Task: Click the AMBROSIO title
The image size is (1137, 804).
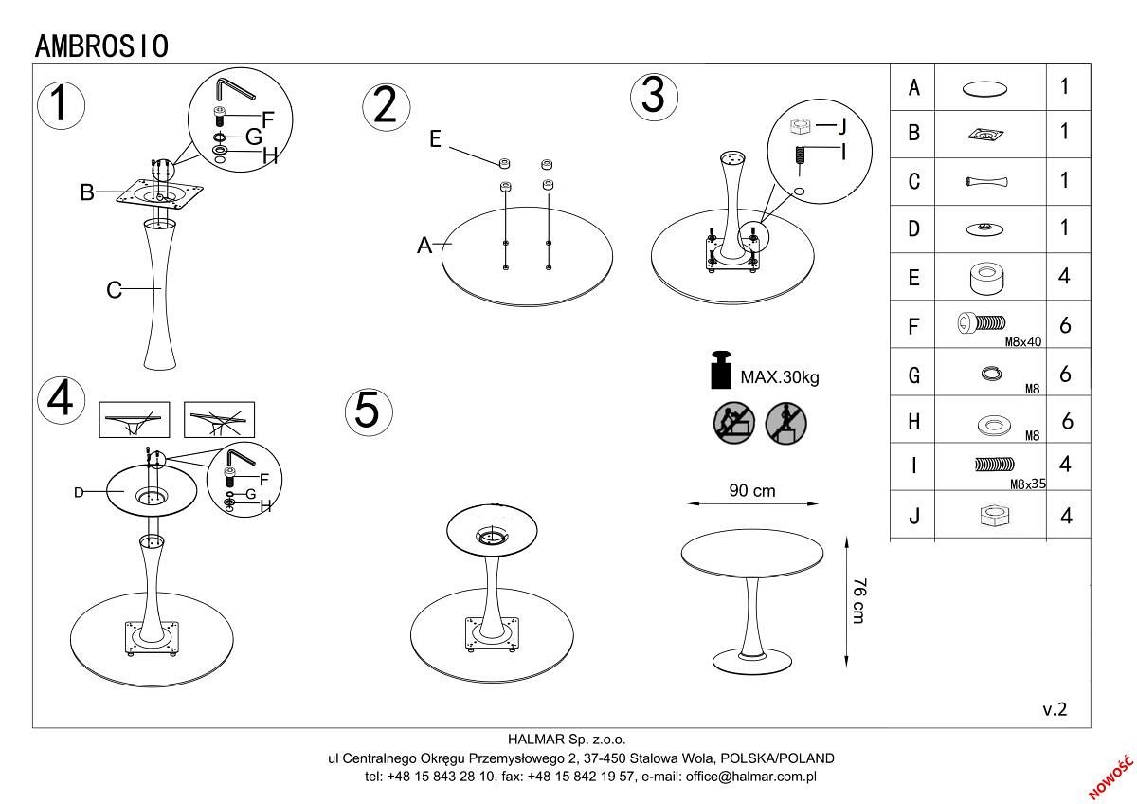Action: tap(101, 45)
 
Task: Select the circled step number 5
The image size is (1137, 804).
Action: tap(367, 411)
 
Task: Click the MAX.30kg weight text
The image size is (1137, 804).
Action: tap(780, 376)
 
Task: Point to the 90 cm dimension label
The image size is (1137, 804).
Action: tap(751, 491)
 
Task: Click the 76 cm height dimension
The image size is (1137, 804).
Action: tap(858, 599)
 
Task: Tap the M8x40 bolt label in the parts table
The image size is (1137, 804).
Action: tap(1023, 341)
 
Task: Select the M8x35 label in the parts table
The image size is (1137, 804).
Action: tap(1027, 484)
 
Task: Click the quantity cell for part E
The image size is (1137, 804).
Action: tap(1065, 278)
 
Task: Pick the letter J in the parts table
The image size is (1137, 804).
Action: tap(913, 518)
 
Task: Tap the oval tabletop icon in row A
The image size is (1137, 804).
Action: tap(985, 88)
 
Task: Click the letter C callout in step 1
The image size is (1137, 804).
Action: tap(114, 290)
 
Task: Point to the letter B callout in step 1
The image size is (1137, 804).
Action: tap(86, 193)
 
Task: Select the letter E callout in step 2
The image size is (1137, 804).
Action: tap(435, 139)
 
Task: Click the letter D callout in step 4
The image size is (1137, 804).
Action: tap(80, 493)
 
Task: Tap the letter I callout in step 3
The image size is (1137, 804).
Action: tap(841, 152)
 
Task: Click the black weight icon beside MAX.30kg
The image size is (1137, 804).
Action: tap(723, 371)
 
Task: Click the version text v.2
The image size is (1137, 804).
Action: tap(1055, 709)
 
